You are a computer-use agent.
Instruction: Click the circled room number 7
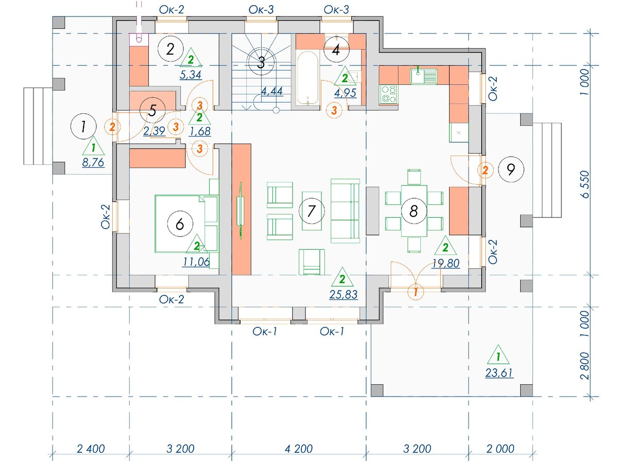312,211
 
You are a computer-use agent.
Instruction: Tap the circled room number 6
180,224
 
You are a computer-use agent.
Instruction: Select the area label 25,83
343,294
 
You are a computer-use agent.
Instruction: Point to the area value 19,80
445,263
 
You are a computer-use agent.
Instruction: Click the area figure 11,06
196,262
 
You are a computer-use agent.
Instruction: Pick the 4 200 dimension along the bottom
298,449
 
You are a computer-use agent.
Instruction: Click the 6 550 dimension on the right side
585,184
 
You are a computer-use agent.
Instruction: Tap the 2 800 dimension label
585,366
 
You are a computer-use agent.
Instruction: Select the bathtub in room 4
308,78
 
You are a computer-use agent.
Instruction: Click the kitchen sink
424,76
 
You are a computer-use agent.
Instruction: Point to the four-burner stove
388,94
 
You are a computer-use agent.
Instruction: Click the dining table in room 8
414,211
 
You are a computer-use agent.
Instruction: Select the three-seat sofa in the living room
345,211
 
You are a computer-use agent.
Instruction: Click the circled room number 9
511,169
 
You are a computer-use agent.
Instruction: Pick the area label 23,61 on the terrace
499,373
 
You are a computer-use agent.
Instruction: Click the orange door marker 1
416,292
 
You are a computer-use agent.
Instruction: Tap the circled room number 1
83,126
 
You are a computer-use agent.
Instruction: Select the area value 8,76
93,162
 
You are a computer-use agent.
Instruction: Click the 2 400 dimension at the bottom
91,449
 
